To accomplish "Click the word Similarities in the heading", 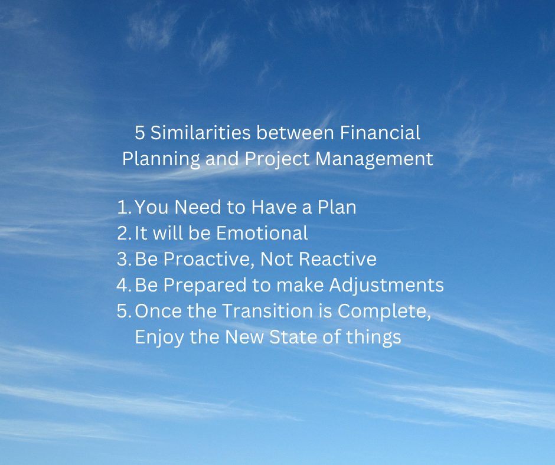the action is coord(201,133).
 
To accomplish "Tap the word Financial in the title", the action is coord(380,133).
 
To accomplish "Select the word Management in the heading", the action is coord(374,159).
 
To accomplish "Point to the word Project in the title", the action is coord(277,159).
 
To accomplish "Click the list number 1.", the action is coord(124,207).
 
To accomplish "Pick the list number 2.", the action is coord(124,233).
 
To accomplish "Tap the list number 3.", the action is coord(124,259).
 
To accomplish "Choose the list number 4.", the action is coord(124,285).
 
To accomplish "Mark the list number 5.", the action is coord(124,311).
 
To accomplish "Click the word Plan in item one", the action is coord(337,207).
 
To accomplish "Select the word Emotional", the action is coord(262,233).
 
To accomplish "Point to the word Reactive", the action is coord(338,259).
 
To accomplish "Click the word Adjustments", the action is coord(387,285).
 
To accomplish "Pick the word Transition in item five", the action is coord(267,311).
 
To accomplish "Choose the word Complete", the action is coord(384,312).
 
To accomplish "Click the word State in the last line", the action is coord(293,337).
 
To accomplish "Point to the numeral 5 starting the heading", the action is coord(140,133).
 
